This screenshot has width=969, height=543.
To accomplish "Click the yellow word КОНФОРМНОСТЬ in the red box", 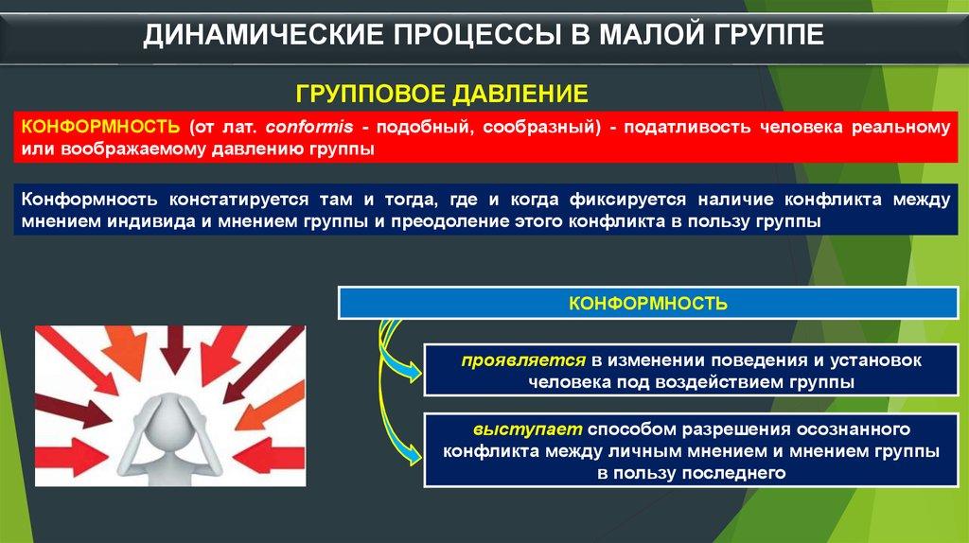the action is coord(100,127).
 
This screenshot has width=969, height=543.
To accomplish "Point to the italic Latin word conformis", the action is coord(309,127).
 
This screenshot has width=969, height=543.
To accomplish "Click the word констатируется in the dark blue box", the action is coord(238,200).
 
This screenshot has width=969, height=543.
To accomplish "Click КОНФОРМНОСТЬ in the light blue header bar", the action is coord(647,304).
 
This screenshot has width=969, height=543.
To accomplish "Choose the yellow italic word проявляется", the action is coord(522,360).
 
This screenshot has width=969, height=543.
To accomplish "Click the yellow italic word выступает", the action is coord(527,429).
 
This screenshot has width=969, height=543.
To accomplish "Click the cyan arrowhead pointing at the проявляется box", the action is coord(413,373).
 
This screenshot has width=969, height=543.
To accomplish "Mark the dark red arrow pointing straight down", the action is coord(175,350).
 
